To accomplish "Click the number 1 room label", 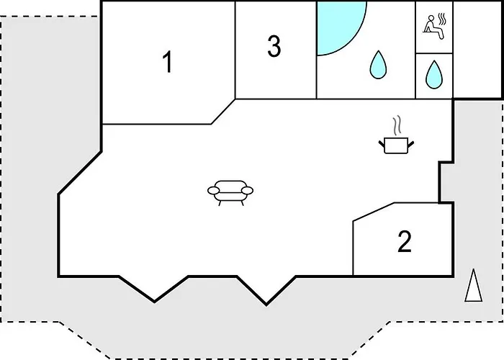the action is pos(168,63).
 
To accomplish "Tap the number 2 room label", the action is pos(405,241).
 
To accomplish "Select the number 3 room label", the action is pos(274,47).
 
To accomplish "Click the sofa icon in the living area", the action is pos(230,192).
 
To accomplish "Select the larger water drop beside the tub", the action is pos(378,64).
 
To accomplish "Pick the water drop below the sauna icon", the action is pos(434,74).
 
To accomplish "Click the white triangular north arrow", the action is pos(474,285).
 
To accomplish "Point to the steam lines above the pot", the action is pos(397,125).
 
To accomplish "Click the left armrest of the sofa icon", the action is pos(214,191).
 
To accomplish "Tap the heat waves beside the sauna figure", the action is pos(443,19).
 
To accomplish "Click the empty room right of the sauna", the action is pos(477,50).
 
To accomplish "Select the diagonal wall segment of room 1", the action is pos(223,112).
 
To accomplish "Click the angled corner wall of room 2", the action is pos(374,212).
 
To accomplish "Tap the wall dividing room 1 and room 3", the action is pos(235,50).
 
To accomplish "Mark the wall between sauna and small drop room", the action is pos(434,53).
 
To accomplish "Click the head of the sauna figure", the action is pos(431,18).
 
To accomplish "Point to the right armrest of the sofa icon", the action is pos(247,191).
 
